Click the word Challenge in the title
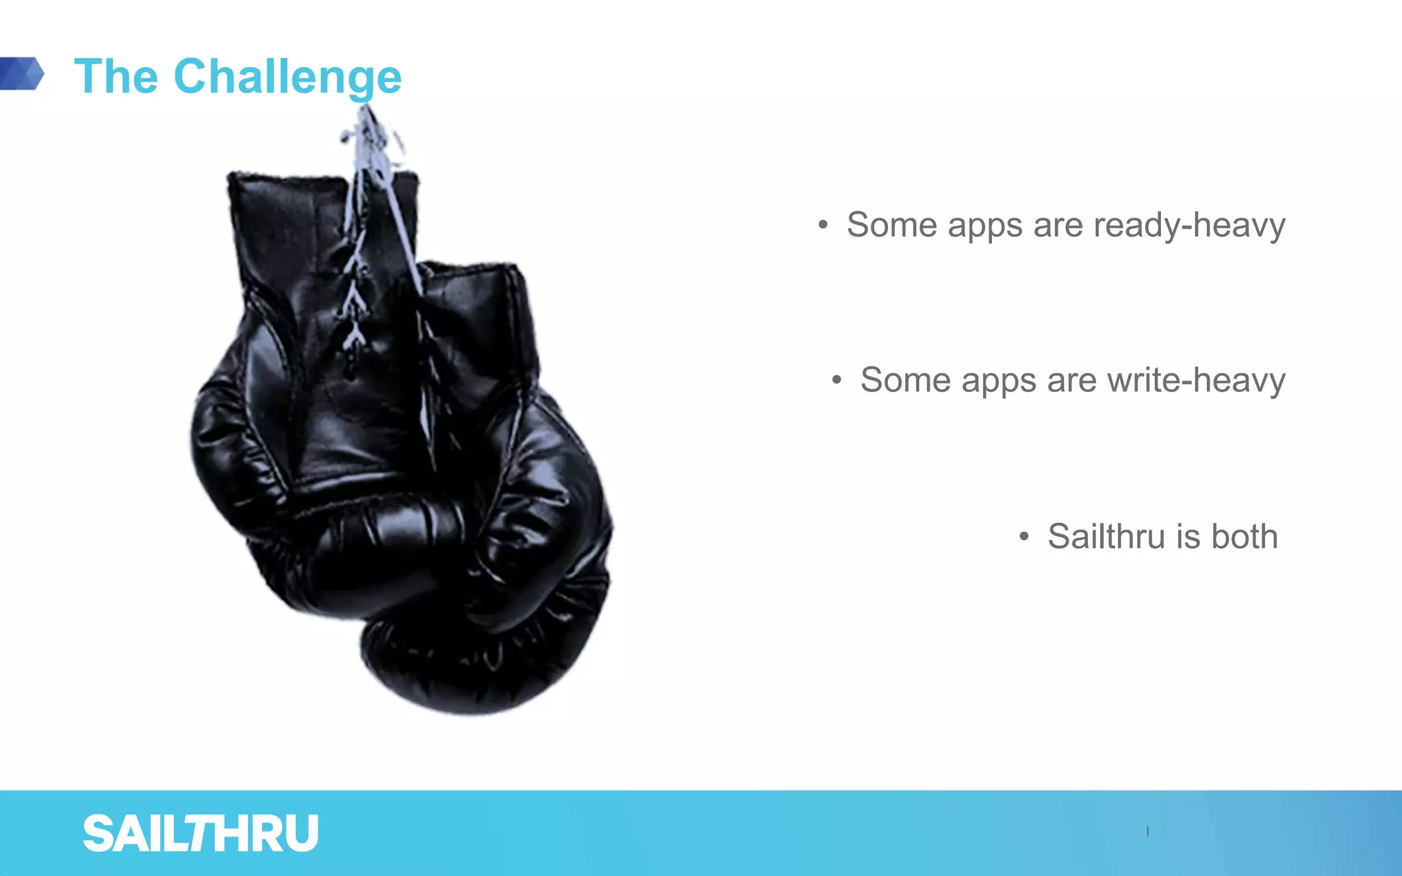pyautogui.click(x=288, y=77)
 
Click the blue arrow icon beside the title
pyautogui.click(x=22, y=73)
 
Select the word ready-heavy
pyautogui.click(x=1189, y=225)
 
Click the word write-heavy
pyautogui.click(x=1196, y=381)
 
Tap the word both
pyautogui.click(x=1245, y=537)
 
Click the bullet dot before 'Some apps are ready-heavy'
pyautogui.click(x=823, y=224)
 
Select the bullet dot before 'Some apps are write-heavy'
pyautogui.click(x=837, y=380)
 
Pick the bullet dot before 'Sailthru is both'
pyautogui.click(x=1023, y=536)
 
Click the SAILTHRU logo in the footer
pyautogui.click(x=201, y=834)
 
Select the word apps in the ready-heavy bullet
pyautogui.click(x=984, y=227)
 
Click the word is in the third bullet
pyautogui.click(x=1188, y=537)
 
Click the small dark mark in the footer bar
pyautogui.click(x=1148, y=831)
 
